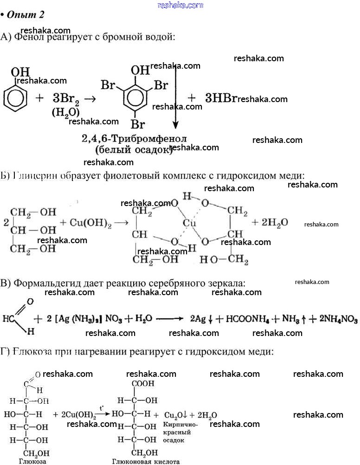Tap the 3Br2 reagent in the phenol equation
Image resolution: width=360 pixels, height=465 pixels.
[x=65, y=98]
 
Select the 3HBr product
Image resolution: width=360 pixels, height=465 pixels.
[x=221, y=98]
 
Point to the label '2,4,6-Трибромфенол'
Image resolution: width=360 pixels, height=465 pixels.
[x=134, y=139]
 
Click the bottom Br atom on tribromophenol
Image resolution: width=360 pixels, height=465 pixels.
[x=137, y=124]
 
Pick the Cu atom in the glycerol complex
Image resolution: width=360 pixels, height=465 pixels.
[x=189, y=223]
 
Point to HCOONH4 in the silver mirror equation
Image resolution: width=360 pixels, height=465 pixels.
[x=244, y=319]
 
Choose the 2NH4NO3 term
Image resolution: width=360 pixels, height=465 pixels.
[x=334, y=319]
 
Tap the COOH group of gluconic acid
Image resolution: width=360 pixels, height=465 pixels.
[x=143, y=384]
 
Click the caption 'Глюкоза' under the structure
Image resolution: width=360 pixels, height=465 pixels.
[x=32, y=461]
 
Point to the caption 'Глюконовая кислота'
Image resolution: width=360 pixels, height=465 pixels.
[x=145, y=461]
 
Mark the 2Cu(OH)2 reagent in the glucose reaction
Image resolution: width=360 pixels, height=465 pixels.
[x=75, y=415]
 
